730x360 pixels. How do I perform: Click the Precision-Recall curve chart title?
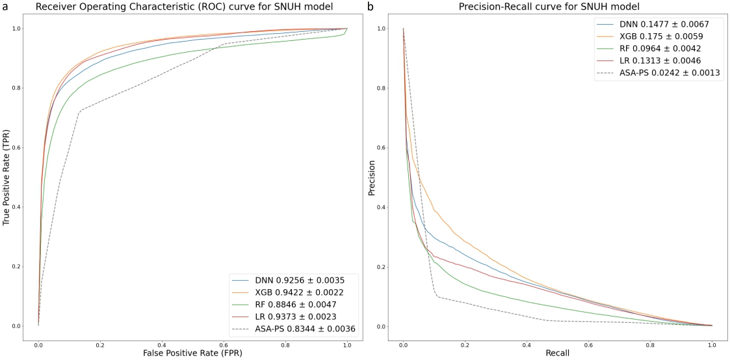549,6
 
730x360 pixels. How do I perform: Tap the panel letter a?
5,6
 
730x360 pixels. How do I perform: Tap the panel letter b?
370,6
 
